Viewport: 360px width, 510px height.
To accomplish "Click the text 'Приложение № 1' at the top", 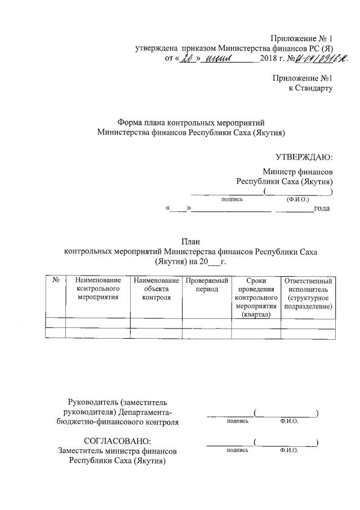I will click(302, 38).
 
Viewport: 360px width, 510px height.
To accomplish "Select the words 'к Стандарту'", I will click(310, 88).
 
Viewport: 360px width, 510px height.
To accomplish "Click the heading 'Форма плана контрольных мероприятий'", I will click(190, 123).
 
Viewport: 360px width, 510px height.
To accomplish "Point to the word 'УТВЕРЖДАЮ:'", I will click(304, 157).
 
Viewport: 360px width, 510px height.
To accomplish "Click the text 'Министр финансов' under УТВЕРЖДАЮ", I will click(297, 172).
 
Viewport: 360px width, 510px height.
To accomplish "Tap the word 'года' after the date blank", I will click(322, 209).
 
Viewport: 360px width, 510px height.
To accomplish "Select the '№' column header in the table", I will click(56, 280).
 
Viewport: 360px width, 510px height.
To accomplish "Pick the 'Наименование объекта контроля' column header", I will click(156, 289).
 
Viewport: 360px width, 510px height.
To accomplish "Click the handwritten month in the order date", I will click(220, 59).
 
